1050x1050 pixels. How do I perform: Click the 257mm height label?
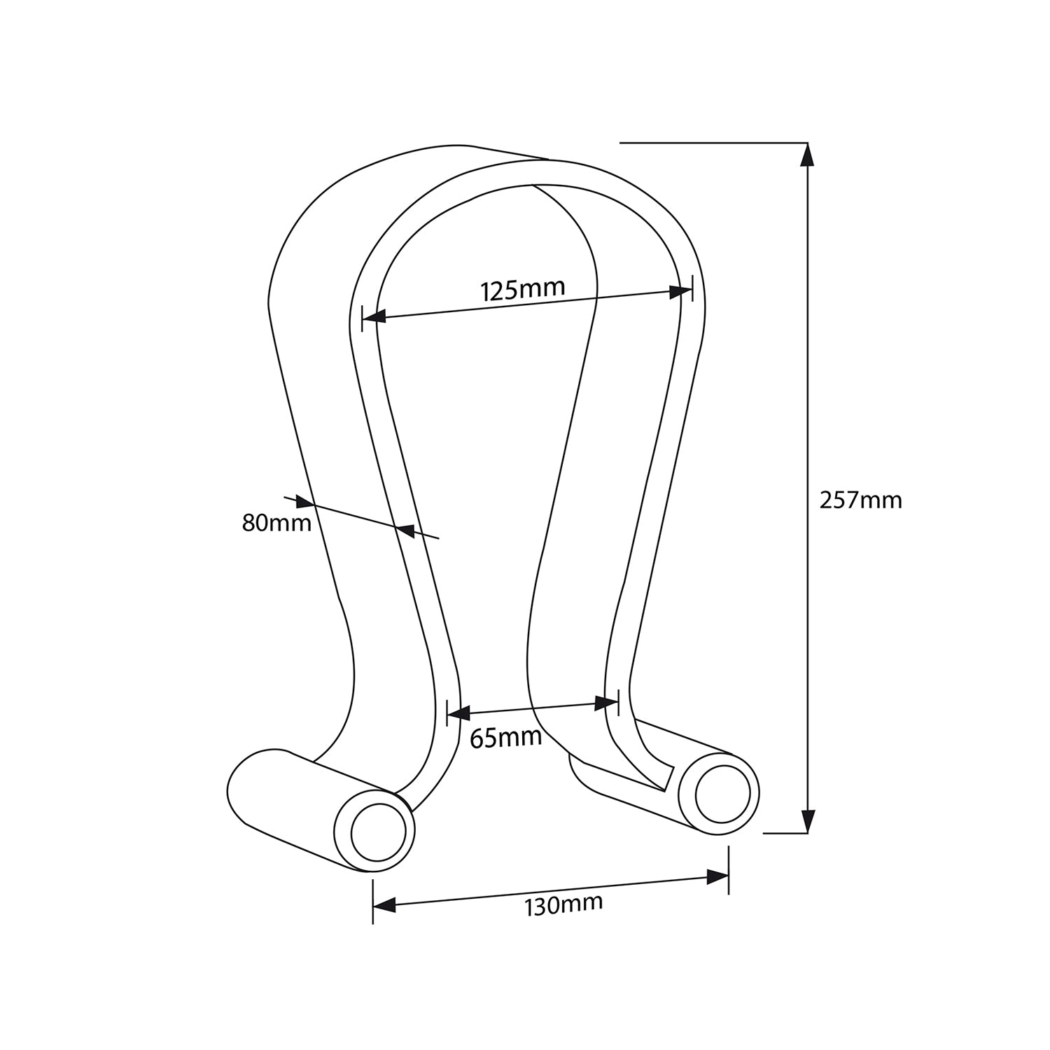click(860, 500)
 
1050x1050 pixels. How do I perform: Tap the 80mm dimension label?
click(276, 522)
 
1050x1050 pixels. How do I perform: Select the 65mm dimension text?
click(505, 738)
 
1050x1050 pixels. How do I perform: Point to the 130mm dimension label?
click(563, 904)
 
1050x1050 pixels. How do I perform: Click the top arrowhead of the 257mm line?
click(808, 155)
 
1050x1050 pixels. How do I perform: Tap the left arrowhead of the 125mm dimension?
click(375, 317)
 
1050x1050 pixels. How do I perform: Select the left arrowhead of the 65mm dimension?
click(458, 714)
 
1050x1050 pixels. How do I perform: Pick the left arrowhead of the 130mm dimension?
click(384, 905)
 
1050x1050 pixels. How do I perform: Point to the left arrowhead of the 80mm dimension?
click(302, 502)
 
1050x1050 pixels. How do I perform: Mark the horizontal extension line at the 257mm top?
click(714, 143)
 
